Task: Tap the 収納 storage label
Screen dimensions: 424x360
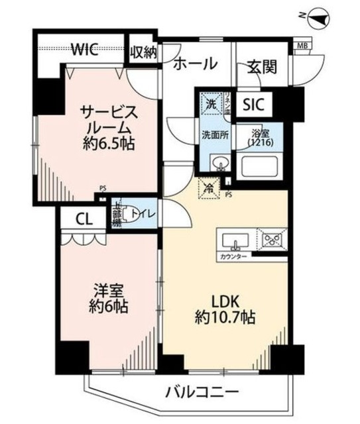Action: pyautogui.click(x=143, y=52)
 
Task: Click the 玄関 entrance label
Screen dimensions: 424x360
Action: pyautogui.click(x=263, y=66)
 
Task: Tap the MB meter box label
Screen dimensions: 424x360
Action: pyautogui.click(x=302, y=45)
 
